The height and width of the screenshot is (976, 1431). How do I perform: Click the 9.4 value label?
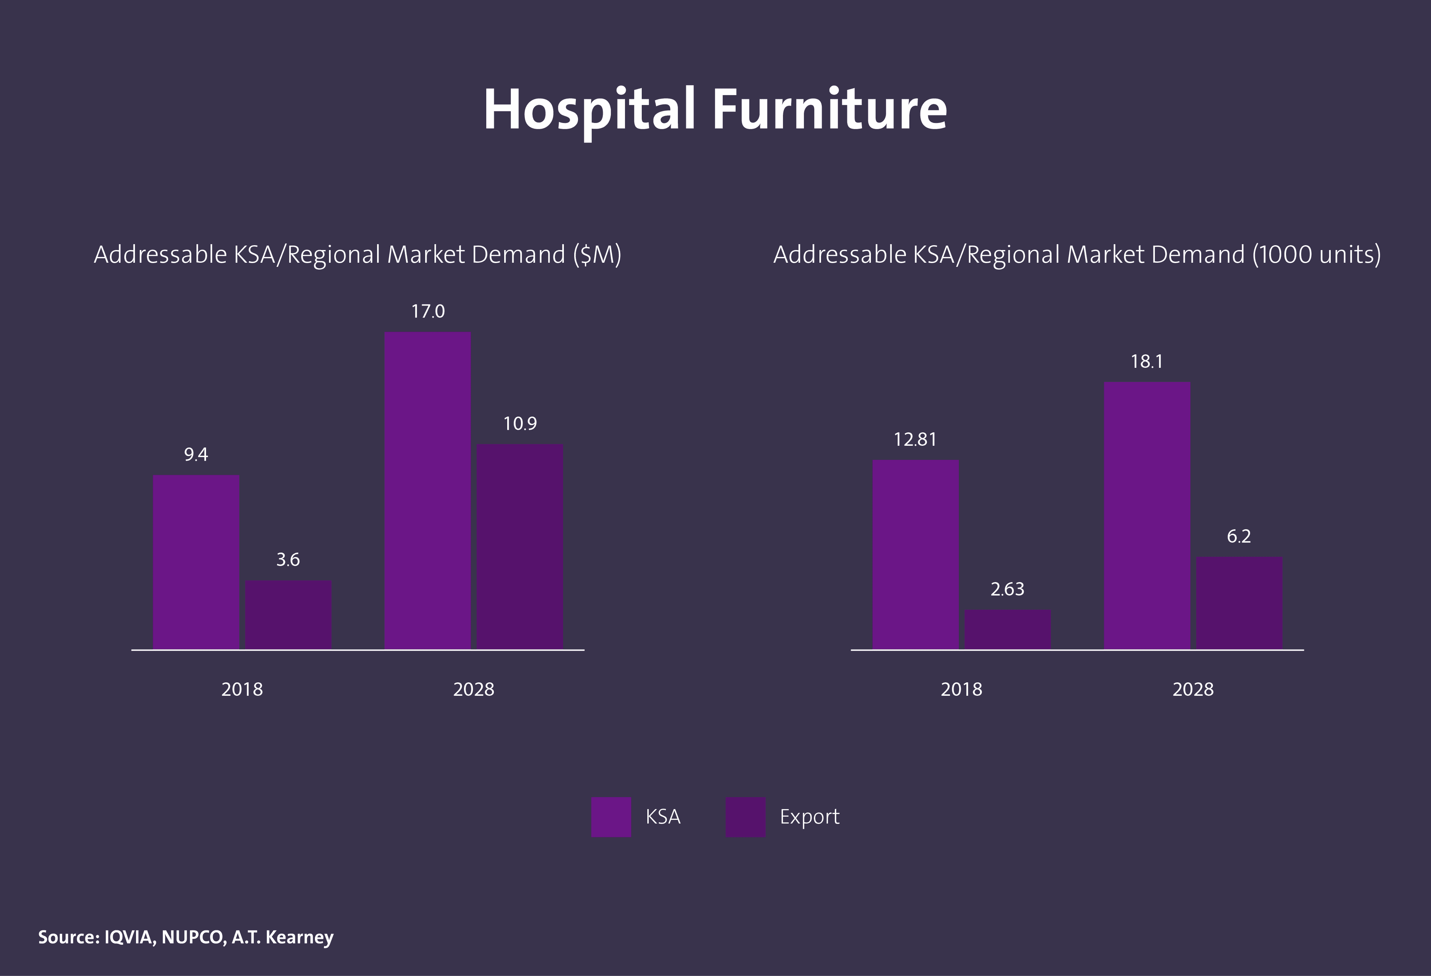point(196,455)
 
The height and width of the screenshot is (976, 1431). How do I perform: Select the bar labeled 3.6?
point(288,615)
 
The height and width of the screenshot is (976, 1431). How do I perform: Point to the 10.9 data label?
point(520,424)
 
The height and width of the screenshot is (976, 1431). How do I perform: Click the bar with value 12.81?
point(916,554)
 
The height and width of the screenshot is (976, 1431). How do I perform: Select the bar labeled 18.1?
point(1147,515)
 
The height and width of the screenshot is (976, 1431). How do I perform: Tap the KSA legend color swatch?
point(611,817)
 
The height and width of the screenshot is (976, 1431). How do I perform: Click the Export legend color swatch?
point(745,817)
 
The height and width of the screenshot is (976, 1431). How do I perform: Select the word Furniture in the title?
point(830,111)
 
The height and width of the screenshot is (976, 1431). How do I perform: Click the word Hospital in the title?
point(589,111)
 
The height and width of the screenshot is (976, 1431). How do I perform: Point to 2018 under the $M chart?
point(242,690)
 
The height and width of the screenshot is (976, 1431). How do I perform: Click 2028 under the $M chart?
point(474,690)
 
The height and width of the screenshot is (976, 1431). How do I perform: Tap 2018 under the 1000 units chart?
point(961,690)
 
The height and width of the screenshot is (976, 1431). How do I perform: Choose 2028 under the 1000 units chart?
point(1193,690)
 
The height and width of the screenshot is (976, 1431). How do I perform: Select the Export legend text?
point(809,817)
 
